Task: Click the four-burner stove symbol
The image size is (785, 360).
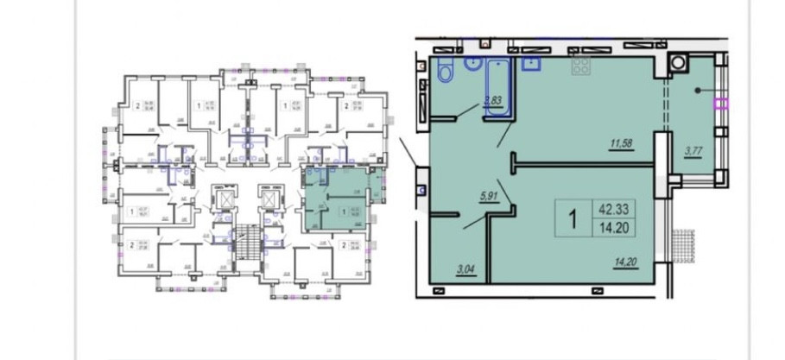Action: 579,67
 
